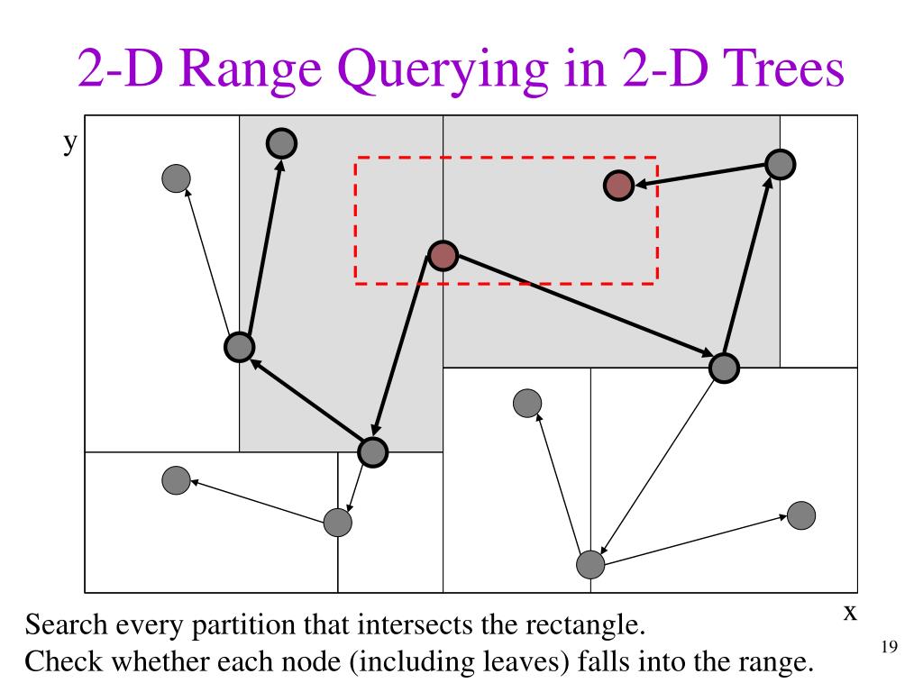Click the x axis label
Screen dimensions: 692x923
[849, 613]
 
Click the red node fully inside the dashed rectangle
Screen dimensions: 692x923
[618, 186]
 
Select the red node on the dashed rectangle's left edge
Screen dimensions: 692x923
[443, 256]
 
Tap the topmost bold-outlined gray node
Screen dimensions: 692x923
[282, 141]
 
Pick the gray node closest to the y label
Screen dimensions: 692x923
[177, 178]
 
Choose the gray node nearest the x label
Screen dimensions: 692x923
[800, 515]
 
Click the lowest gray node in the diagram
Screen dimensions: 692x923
[590, 564]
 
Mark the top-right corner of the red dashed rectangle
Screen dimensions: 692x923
[656, 159]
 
